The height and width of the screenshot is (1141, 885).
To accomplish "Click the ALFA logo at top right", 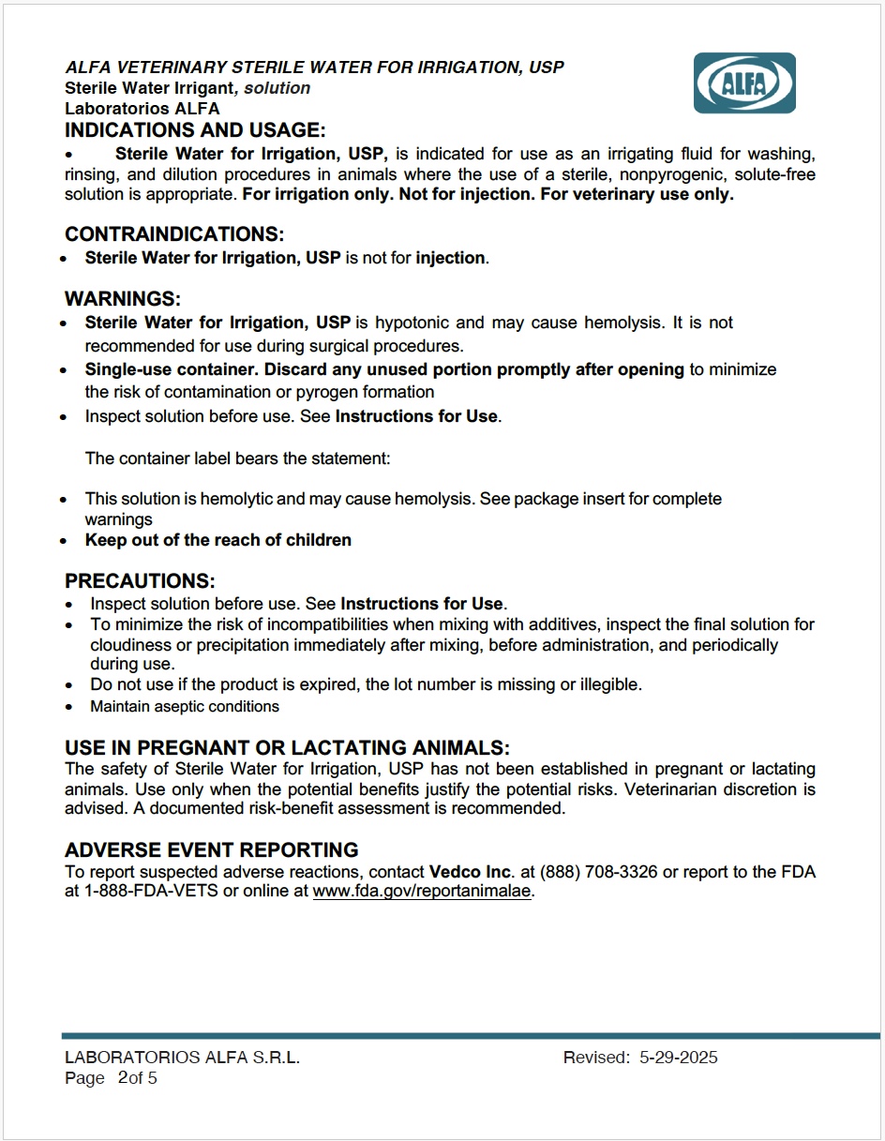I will point(744,83).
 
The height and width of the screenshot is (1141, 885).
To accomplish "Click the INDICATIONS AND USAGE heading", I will point(195,130).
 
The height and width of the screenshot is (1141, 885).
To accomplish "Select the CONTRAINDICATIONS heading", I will point(174,233).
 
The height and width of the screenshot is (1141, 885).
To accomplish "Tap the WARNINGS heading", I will point(122,299).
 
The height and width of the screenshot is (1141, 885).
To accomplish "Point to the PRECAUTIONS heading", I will point(140,581).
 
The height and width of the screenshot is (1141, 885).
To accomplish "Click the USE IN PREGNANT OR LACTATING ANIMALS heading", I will point(287,747).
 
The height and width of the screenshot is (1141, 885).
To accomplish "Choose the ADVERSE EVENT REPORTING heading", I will point(212,849).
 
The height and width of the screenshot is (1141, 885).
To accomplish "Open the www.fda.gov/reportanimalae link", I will point(422,892).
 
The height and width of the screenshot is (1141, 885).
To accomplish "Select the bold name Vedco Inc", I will point(471,872).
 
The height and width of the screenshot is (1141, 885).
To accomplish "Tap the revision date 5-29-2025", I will point(679,1058).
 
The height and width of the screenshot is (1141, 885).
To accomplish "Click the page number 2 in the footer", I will point(123,1078).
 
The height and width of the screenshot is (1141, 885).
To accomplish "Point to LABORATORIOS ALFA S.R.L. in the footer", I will point(182,1058).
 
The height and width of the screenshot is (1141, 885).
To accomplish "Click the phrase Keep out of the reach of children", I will point(218,540).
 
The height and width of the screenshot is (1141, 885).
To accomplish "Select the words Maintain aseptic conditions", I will point(185,706).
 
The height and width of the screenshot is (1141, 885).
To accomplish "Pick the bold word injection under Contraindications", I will point(450,258).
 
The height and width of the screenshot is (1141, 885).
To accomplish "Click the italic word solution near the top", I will point(277,88).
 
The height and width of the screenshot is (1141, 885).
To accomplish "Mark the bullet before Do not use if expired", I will point(69,685).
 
